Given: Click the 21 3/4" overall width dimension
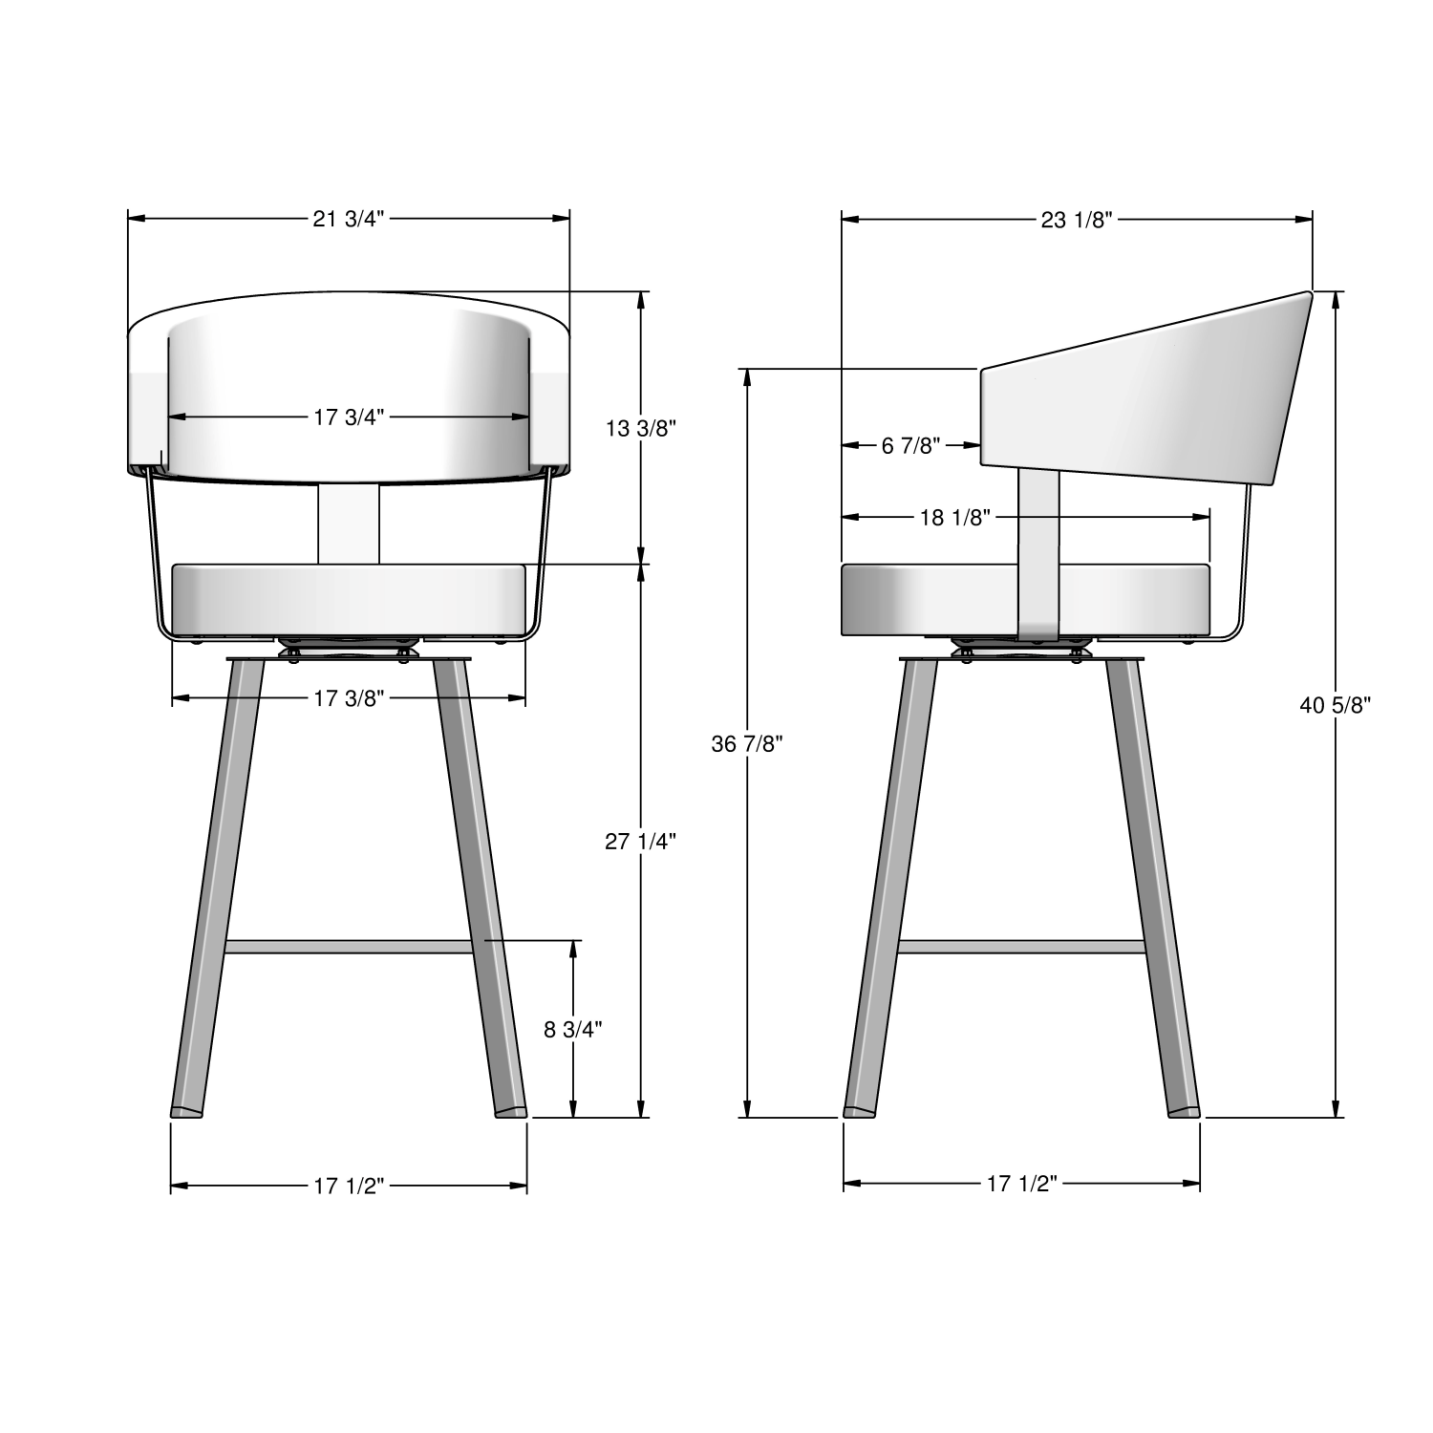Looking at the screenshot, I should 349,219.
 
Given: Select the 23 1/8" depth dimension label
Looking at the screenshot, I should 1077,220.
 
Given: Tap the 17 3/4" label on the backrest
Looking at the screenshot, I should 349,417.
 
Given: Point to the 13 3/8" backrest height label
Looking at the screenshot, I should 641,428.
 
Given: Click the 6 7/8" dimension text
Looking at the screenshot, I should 910,445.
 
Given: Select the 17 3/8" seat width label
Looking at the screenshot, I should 349,698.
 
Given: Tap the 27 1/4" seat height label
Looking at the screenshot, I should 641,841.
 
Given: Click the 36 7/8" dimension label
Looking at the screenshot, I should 747,743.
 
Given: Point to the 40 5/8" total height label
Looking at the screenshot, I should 1336,705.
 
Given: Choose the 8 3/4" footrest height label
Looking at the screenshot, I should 573,1029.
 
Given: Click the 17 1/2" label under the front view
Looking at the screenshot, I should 349,1186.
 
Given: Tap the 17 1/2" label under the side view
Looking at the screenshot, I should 1021,1184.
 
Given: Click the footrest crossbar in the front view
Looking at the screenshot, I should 349,947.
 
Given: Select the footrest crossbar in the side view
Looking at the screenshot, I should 1021,947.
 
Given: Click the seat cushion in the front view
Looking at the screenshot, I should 349,599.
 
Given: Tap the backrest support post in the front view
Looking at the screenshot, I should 349,524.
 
